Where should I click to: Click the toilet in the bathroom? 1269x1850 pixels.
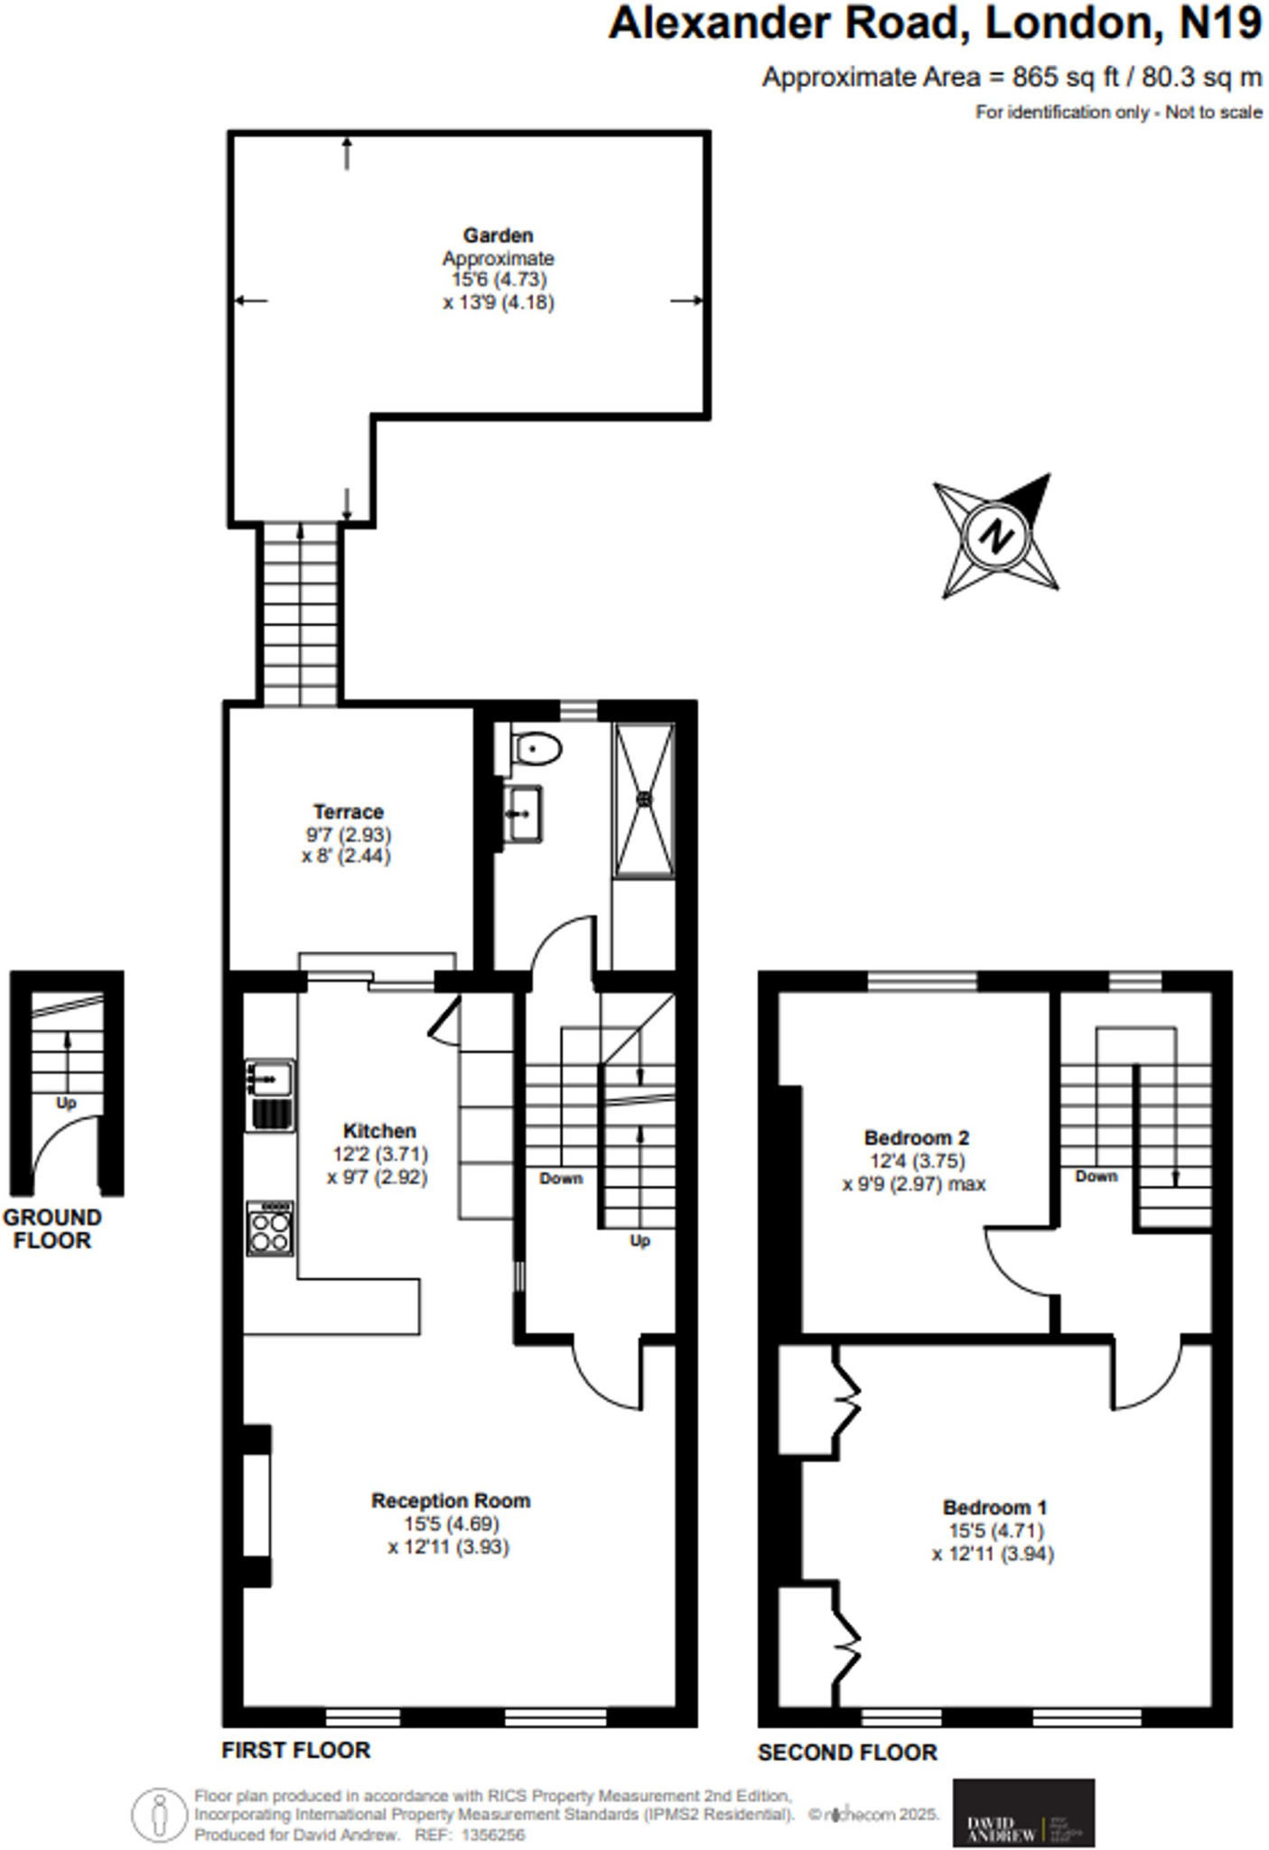(537, 749)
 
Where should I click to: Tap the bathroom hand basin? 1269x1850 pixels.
(523, 813)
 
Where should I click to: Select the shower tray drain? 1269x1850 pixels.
(645, 799)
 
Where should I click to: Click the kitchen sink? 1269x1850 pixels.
(270, 1078)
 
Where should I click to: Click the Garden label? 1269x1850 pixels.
(498, 236)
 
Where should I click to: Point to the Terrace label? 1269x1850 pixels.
(349, 811)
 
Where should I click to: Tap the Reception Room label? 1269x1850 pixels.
(451, 1500)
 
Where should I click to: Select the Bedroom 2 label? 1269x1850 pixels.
(916, 1137)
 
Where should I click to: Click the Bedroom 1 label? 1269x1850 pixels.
(994, 1507)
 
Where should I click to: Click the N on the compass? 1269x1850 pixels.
(995, 536)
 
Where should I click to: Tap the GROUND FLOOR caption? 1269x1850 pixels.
(52, 1229)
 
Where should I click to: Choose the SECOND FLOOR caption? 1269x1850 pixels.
(847, 1752)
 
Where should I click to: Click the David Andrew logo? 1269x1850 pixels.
(1023, 1813)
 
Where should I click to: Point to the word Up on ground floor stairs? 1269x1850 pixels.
(66, 1103)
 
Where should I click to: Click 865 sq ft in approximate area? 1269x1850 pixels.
(1052, 78)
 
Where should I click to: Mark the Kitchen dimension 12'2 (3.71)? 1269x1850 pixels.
(379, 1154)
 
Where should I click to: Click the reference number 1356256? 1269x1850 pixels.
(492, 1836)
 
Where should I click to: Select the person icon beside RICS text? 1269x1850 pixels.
(160, 1814)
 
